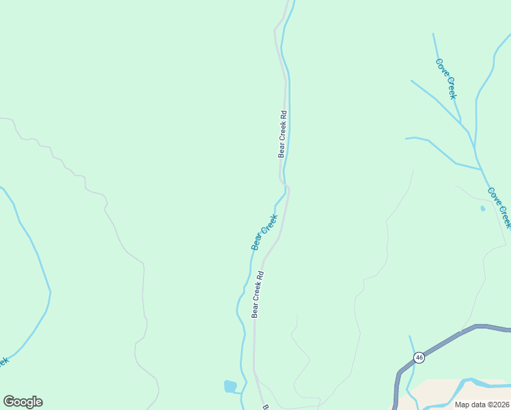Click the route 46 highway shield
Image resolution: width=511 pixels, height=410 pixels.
pyautogui.click(x=419, y=357)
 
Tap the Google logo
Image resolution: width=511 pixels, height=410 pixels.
pyautogui.click(x=23, y=402)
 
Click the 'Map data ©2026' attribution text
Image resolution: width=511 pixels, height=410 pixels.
pyautogui.click(x=482, y=405)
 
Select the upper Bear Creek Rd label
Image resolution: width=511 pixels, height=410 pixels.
pyautogui.click(x=282, y=134)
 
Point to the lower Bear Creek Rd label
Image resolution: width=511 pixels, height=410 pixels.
pyautogui.click(x=258, y=295)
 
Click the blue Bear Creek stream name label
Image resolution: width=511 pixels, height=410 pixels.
pyautogui.click(x=264, y=232)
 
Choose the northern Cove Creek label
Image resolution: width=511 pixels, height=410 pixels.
pyautogui.click(x=446, y=79)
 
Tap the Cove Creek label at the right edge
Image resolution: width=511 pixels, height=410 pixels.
pyautogui.click(x=499, y=207)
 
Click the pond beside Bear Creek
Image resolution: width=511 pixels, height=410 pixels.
pyautogui.click(x=230, y=387)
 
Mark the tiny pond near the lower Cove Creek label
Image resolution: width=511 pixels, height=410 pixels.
pyautogui.click(x=483, y=208)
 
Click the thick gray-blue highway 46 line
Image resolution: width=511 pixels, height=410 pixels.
pyautogui.click(x=451, y=338)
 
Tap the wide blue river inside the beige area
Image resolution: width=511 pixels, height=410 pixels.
pyautogui.click(x=471, y=381)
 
